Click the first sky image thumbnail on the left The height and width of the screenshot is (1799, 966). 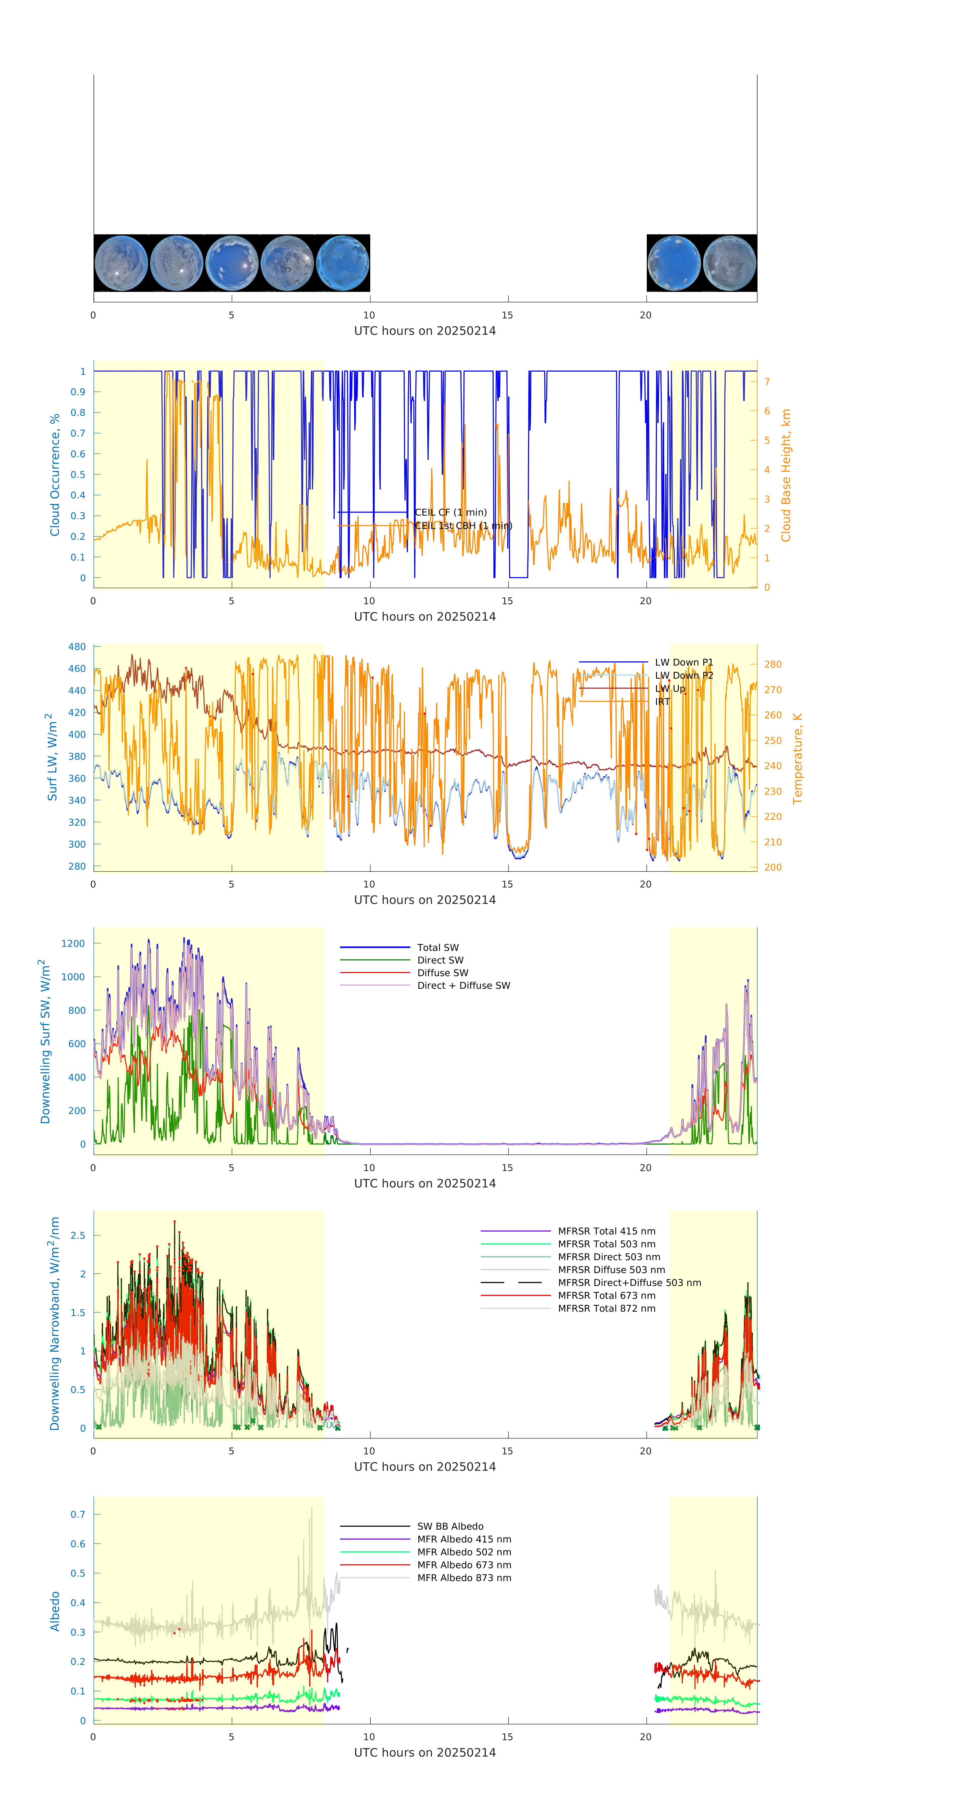(121, 263)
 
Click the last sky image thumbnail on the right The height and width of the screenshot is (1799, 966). (729, 263)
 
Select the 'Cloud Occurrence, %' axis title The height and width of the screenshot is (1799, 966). (55, 475)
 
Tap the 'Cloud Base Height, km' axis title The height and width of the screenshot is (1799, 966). (786, 475)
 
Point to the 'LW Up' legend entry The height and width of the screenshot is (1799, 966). (670, 689)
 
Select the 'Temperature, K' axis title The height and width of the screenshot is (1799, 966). (797, 758)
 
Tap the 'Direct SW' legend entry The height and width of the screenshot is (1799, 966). (440, 960)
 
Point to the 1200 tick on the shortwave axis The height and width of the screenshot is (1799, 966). (73, 944)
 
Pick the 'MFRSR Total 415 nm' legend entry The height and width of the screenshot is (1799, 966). (606, 1231)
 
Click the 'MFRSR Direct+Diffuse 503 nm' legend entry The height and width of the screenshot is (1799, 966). (629, 1283)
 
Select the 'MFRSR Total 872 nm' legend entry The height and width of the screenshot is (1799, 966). (606, 1309)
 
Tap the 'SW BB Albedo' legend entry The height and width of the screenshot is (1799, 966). (450, 1527)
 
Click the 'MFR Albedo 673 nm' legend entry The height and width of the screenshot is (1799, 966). (464, 1565)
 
